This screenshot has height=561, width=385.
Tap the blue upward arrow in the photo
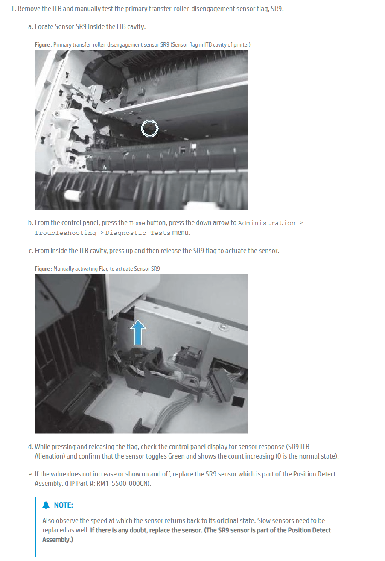pos(138,332)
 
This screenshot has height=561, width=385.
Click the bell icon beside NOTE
pos(46,505)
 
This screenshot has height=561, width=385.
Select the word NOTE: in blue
pos(64,505)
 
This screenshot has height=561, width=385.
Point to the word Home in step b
pos(137,223)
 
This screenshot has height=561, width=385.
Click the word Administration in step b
pos(267,223)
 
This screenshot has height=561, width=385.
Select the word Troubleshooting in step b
pos(65,233)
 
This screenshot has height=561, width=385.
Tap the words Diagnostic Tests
pos(138,233)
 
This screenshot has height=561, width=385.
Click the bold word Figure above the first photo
pos(42,44)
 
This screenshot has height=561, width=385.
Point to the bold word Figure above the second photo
pos(42,269)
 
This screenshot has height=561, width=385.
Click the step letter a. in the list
pos(31,27)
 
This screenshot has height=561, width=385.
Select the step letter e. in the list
pos(31,474)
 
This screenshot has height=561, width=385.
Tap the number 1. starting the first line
pos(14,9)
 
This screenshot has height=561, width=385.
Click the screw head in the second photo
pos(222,327)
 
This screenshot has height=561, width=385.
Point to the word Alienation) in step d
pos(50,456)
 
